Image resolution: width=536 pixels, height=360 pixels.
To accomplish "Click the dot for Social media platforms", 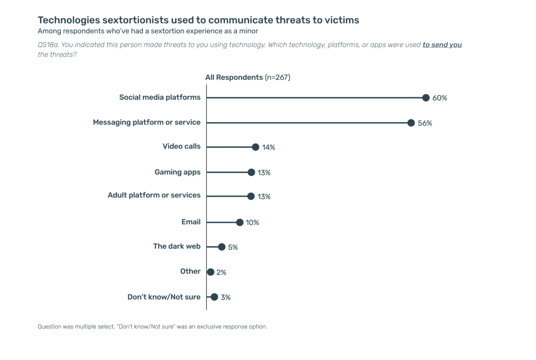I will coord(425,98).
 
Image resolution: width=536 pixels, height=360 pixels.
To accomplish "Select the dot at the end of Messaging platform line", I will coord(411,123).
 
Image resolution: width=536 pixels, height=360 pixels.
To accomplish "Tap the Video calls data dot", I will coord(255,147).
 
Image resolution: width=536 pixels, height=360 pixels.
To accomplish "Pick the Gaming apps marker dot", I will coord(251,172).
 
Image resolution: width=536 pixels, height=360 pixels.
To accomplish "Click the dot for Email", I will coord(239,222).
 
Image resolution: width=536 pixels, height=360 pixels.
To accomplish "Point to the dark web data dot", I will coord(221,247).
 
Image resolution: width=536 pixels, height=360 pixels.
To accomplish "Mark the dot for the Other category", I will coord(210,272).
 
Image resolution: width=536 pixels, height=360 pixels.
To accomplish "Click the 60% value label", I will coord(439,98).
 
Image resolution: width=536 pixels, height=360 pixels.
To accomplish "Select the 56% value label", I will coord(425,123).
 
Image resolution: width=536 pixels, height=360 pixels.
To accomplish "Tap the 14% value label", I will coord(268,147).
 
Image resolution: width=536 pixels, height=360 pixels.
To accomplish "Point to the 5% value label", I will coord(233,247).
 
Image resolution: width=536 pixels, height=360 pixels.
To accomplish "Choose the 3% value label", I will coord(225,297).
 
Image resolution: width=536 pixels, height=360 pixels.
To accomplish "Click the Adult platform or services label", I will coord(154,195).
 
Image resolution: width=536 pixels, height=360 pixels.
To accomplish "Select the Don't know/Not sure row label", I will coord(164,297).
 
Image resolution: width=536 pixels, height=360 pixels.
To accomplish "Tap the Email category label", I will coord(191,222).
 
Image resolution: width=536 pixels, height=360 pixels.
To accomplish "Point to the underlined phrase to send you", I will coord(442,45).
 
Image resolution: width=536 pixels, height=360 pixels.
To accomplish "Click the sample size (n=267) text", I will coord(277,77).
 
